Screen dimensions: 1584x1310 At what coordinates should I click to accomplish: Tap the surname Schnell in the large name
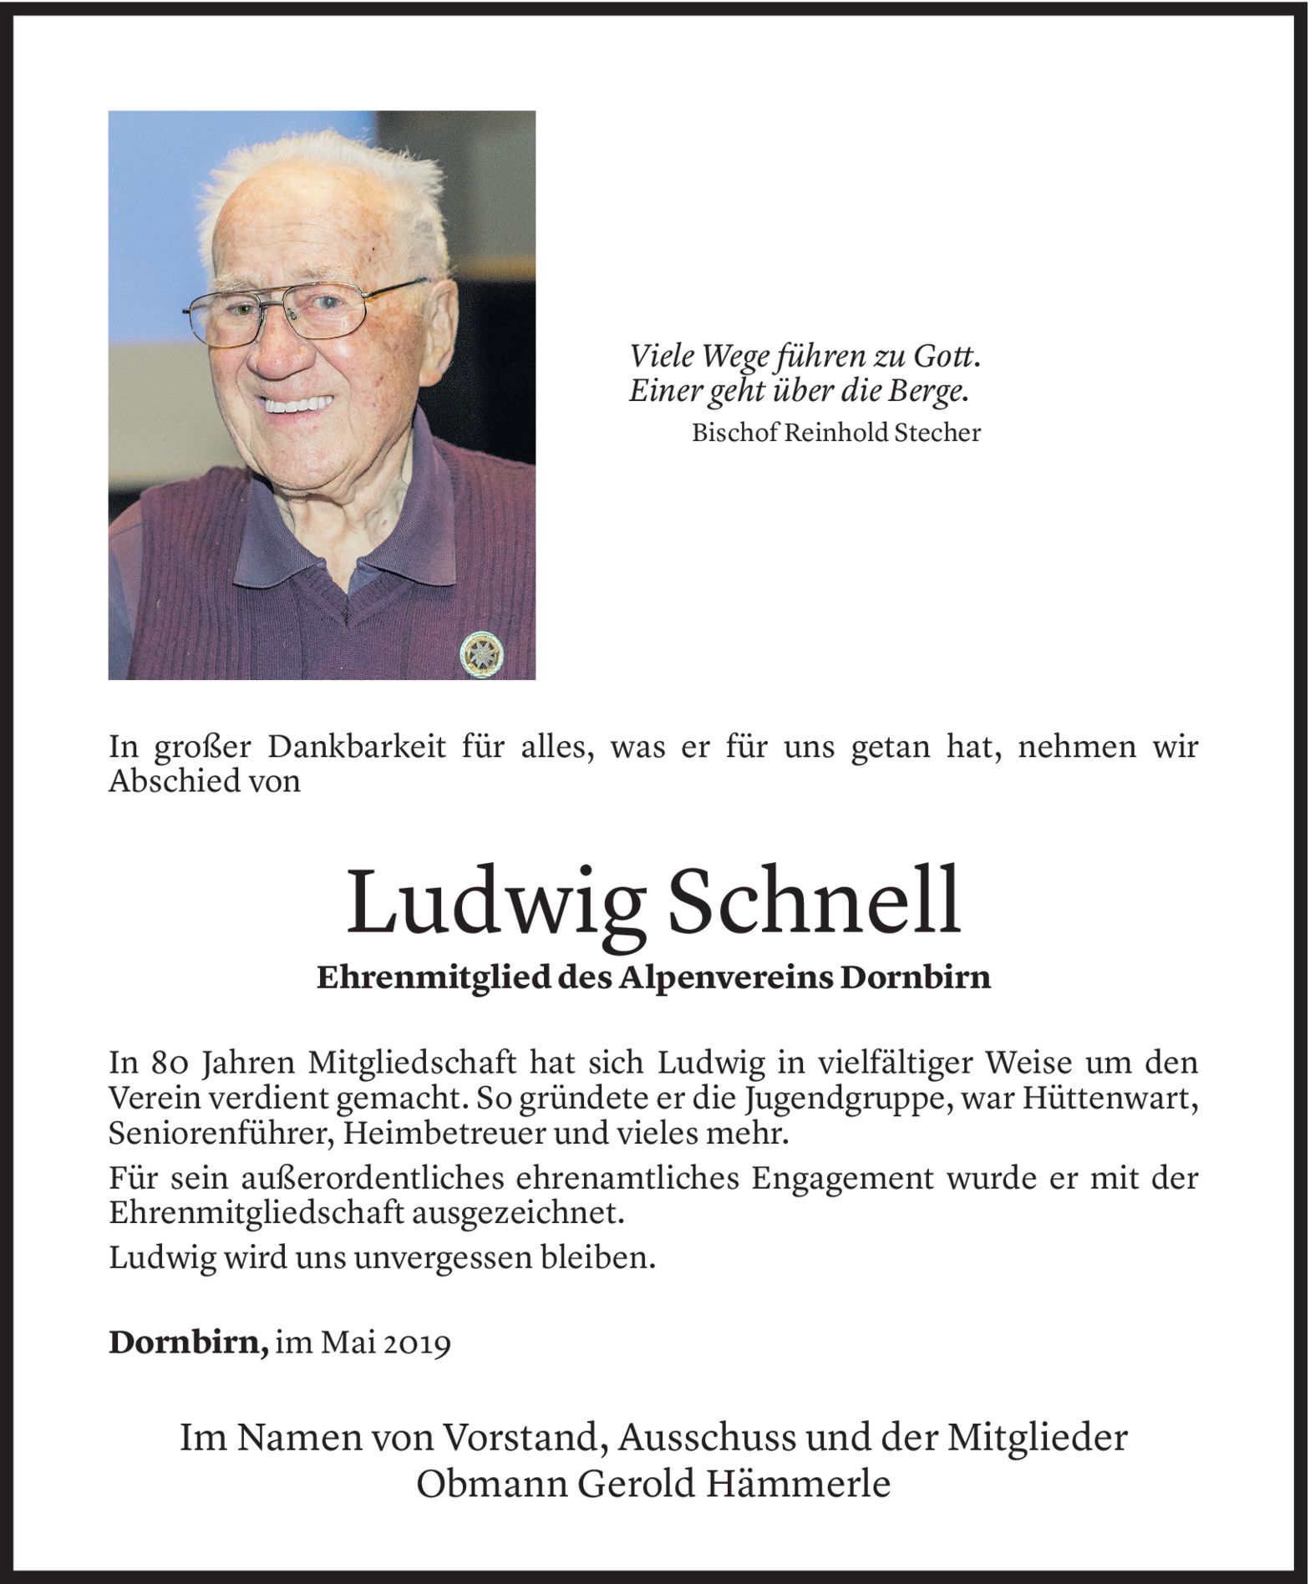[x=816, y=901]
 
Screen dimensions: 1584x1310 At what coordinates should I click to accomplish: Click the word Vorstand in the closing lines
[x=519, y=1437]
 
